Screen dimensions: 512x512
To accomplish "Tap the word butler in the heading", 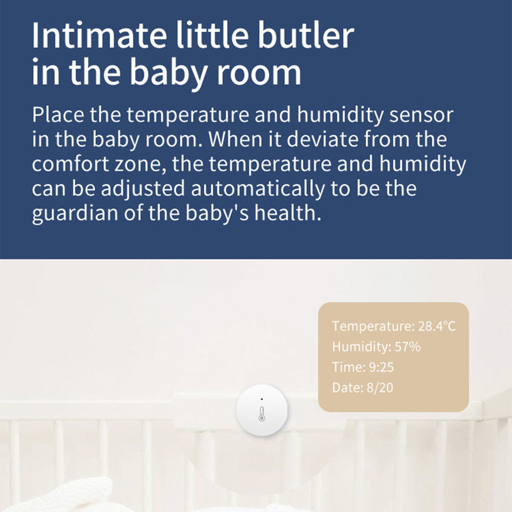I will pyautogui.click(x=308, y=36).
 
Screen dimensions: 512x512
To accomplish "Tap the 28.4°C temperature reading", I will pyautogui.click(x=436, y=326).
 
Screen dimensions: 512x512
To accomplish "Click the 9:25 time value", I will pyautogui.click(x=381, y=367).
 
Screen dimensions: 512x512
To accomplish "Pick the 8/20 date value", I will pyautogui.click(x=381, y=388).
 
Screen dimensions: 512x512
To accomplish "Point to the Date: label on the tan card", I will pyautogui.click(x=346, y=388).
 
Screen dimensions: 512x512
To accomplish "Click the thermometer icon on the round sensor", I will pyautogui.click(x=262, y=413).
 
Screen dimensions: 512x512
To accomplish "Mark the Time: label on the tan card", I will pyautogui.click(x=347, y=367).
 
